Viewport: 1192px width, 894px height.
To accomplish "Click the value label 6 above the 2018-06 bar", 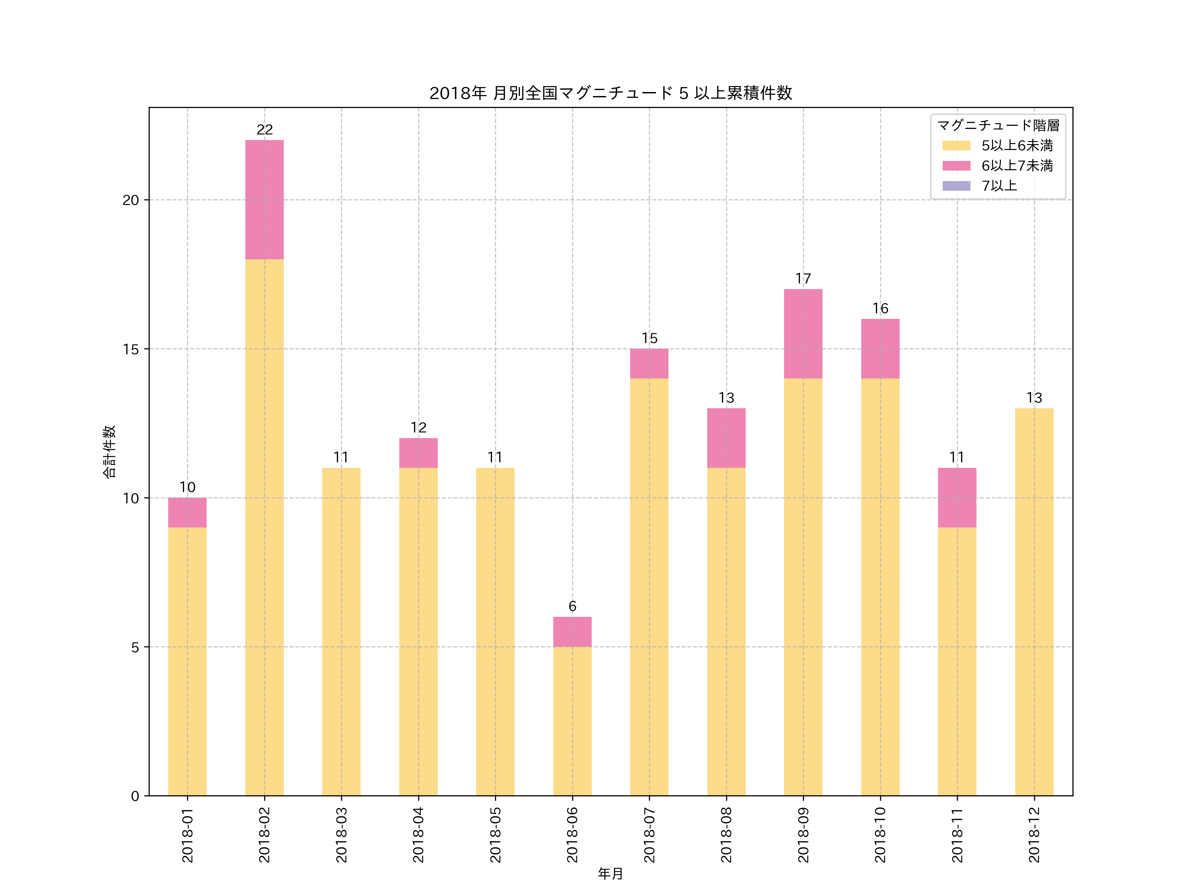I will pos(572,606).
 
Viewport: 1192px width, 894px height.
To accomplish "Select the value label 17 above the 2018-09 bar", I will pos(803,278).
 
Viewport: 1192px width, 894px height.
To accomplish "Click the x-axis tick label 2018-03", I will pos(341,834).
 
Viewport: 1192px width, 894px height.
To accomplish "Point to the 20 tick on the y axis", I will pos(130,200).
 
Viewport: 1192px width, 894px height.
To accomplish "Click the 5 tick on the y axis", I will pos(135,647).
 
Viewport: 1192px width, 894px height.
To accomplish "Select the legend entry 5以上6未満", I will pos(1016,145).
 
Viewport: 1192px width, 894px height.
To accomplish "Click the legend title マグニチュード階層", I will pos(998,125).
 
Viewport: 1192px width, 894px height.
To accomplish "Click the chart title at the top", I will pos(611,93).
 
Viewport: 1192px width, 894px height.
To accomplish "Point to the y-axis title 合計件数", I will pos(109,452).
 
